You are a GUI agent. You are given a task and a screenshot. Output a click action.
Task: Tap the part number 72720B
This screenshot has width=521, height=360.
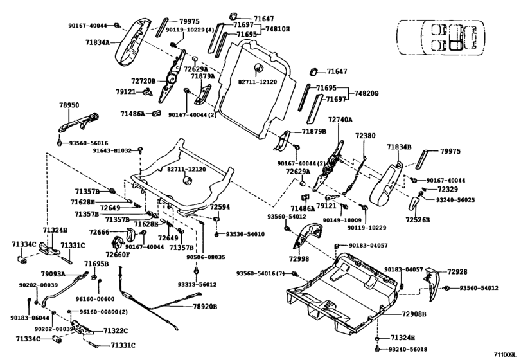[x=144, y=82]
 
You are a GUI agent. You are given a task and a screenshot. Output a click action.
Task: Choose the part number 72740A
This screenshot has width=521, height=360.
[x=341, y=120]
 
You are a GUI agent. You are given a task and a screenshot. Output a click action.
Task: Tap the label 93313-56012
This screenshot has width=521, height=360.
[x=198, y=284]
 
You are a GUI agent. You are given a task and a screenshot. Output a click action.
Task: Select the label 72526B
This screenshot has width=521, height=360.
[x=418, y=219]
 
